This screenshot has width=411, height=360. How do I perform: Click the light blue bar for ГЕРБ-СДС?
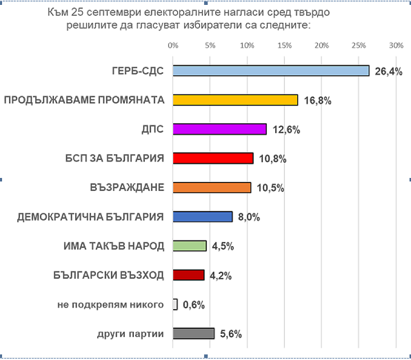271,70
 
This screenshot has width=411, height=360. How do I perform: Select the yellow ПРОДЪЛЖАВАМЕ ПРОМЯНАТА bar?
235,100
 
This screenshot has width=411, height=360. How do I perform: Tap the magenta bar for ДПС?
219,129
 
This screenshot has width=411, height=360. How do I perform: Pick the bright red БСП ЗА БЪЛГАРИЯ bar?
212,158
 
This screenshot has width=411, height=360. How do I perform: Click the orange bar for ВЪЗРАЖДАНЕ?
211,188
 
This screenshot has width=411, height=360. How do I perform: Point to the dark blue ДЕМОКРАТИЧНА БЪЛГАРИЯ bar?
202,217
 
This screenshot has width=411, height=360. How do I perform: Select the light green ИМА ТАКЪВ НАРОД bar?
190,246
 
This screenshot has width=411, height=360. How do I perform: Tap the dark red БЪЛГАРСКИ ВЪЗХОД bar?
188,275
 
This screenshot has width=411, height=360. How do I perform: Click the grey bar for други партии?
193,333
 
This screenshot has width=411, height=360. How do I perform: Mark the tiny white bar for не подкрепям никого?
175,304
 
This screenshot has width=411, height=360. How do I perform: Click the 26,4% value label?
389,72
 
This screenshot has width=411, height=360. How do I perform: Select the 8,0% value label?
249,218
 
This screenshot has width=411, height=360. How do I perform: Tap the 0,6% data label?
194,305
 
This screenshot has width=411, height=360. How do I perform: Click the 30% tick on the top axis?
396,46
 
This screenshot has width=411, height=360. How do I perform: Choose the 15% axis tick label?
284,46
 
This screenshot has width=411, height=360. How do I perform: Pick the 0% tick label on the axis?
173,46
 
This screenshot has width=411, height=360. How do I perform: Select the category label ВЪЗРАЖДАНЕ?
127,188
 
